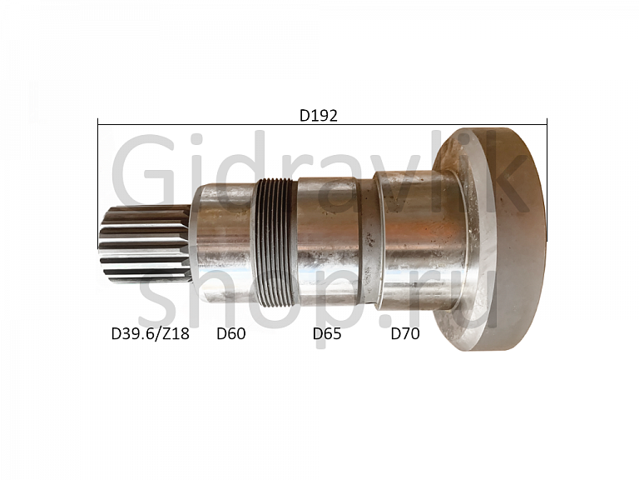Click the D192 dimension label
point(319,116)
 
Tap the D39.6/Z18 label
point(151,333)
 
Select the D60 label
point(231,333)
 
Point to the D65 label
point(327,333)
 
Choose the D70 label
point(405,333)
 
